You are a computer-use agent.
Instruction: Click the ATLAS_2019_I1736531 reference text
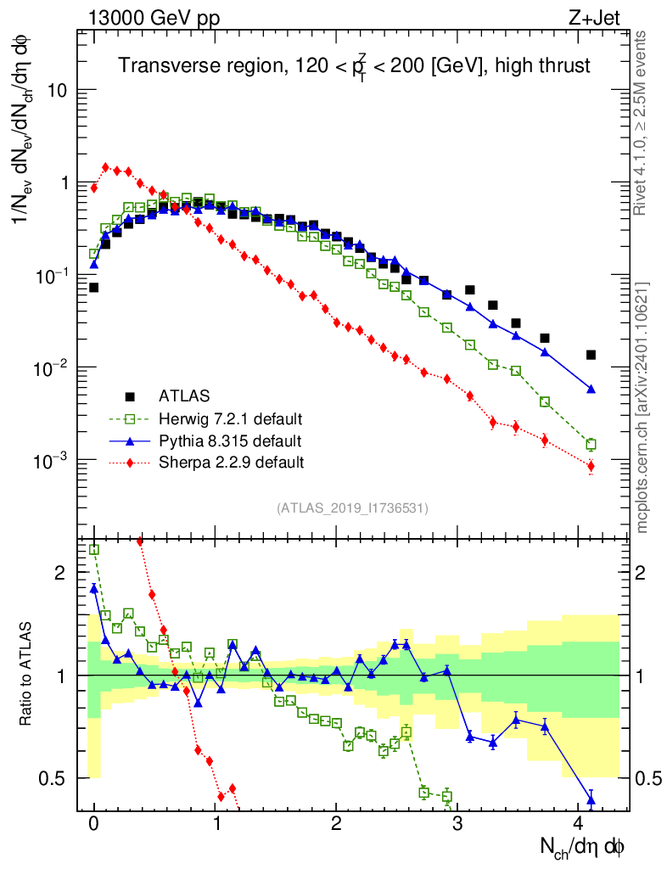352,508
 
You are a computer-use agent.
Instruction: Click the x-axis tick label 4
580,823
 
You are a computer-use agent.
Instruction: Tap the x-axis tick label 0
94,823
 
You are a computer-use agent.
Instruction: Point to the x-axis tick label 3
459,823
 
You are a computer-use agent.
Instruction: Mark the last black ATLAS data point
591,355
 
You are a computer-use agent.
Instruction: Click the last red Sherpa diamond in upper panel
591,466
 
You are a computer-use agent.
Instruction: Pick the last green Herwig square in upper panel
591,444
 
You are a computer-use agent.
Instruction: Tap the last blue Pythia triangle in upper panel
591,389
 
